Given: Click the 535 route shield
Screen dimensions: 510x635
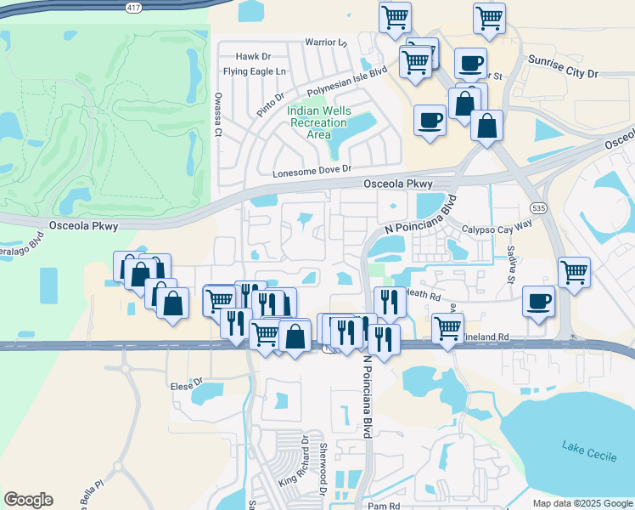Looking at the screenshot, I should point(537,207).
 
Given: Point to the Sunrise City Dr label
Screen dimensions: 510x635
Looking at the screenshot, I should point(562,67).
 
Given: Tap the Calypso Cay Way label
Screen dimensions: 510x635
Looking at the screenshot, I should point(497,229).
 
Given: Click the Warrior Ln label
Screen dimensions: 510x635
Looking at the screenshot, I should point(327,42).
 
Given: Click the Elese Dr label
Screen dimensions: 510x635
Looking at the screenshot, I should point(187,382).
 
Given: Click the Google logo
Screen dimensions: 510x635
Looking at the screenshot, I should point(28,500).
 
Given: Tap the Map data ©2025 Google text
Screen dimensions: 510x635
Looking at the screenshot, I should point(581,503).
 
